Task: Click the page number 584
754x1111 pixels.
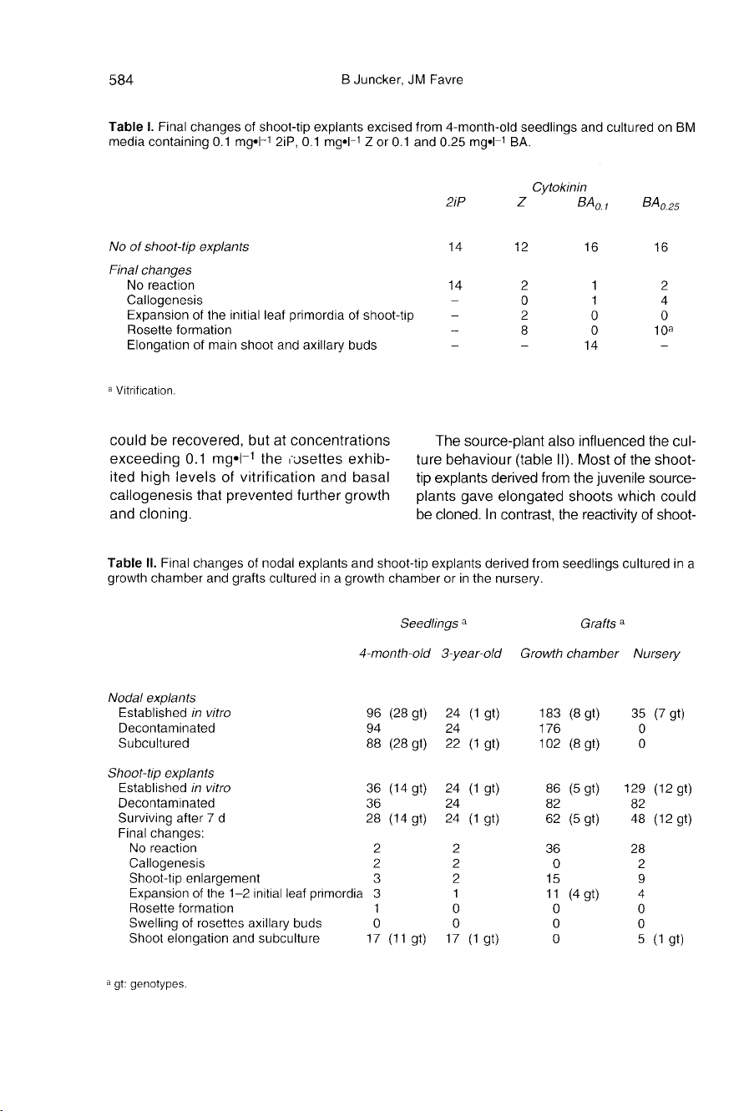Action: (x=122, y=81)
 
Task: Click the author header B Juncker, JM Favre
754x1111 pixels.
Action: (x=397, y=81)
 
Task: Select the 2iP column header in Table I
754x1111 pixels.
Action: (x=456, y=203)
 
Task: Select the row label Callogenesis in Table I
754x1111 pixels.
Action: (x=164, y=300)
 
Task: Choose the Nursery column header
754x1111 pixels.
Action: (x=657, y=654)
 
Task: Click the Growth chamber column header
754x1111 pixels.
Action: (x=568, y=654)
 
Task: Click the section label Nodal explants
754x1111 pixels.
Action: (x=152, y=698)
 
